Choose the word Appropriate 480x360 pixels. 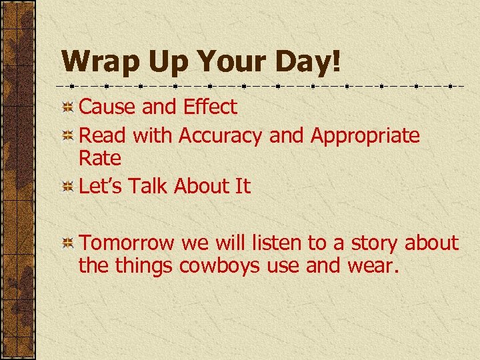point(365,136)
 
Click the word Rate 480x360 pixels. point(100,159)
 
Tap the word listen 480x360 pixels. point(272,243)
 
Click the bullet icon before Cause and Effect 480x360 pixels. point(67,107)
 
